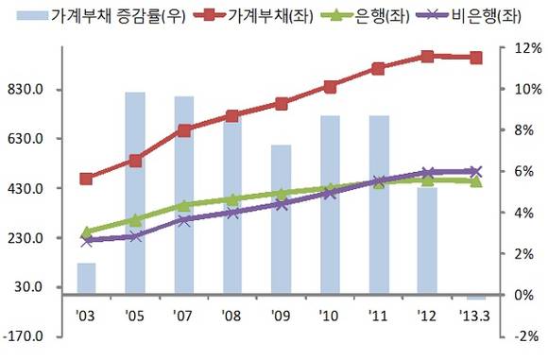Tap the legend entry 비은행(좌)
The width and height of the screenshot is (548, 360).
475,14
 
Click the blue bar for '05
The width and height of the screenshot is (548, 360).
135,194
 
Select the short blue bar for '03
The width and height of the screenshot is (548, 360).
87,279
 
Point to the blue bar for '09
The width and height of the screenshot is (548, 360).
281,220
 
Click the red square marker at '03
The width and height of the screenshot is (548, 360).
87,179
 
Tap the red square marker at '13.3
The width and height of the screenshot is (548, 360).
476,58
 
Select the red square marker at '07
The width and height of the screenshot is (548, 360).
184,130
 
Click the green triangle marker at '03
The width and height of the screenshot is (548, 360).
87,231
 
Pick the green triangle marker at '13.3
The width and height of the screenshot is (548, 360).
476,180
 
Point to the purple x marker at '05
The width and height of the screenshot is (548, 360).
135,236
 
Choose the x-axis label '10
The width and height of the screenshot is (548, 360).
330,314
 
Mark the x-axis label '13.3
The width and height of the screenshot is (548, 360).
475,314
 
